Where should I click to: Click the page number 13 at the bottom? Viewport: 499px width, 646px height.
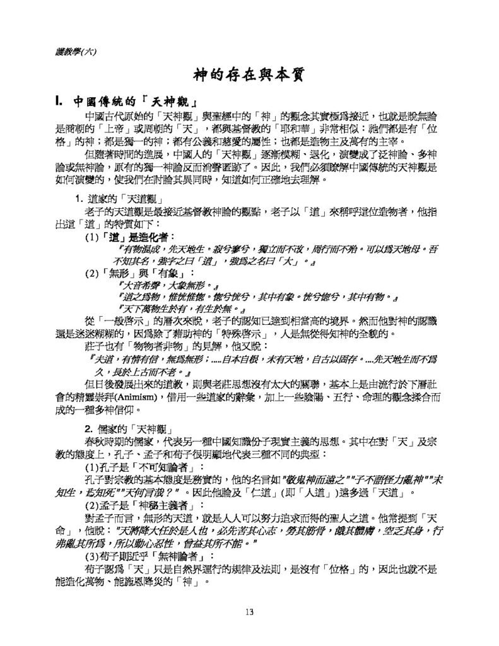pos(249,611)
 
